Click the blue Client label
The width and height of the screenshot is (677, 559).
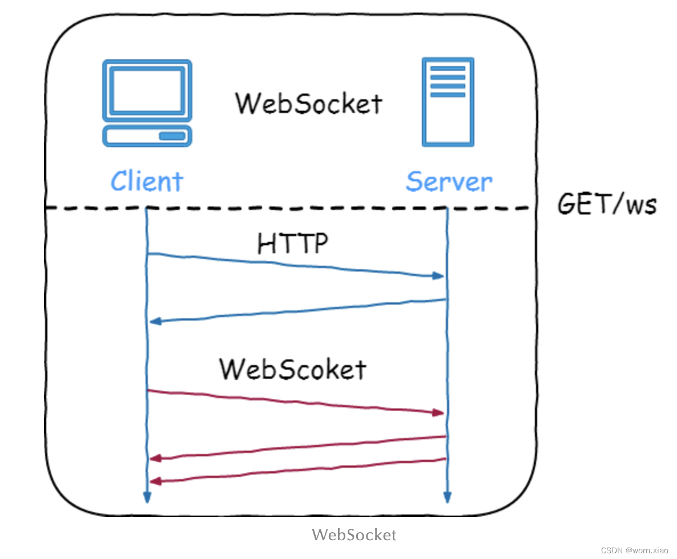point(147,181)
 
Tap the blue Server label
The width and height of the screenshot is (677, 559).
point(449,181)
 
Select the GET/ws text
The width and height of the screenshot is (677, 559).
point(607,204)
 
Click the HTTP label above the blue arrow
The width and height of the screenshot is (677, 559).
point(293,244)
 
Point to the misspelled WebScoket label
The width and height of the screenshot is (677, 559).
point(293,370)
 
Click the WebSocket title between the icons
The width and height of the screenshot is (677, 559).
point(309,104)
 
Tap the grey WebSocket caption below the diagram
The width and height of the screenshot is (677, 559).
point(354,534)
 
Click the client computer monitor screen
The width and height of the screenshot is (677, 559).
point(147,90)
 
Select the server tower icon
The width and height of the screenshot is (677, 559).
point(448,102)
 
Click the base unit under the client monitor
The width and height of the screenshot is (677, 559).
point(147,136)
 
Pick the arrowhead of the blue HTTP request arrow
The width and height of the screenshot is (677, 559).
point(438,276)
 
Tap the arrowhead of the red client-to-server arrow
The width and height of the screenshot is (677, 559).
point(438,412)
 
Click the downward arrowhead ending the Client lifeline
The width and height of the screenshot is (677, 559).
point(147,497)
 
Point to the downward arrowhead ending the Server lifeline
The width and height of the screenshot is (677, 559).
point(447,497)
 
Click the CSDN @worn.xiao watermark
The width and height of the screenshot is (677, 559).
point(634,550)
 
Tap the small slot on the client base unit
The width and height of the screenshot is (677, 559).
point(172,136)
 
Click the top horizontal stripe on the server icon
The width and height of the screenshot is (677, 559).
point(448,68)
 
